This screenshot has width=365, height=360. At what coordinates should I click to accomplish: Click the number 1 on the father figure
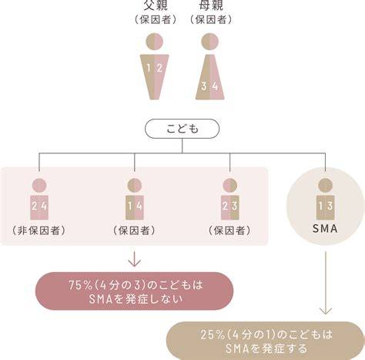149,68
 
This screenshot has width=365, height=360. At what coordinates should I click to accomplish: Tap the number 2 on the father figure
159,68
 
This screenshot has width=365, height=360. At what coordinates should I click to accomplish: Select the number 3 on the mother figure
204,86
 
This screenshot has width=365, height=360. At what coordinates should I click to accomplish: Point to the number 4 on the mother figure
215,86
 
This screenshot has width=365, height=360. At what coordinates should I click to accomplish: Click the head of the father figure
154,42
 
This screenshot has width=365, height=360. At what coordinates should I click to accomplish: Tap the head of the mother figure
210,42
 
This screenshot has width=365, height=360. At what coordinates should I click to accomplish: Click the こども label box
182,129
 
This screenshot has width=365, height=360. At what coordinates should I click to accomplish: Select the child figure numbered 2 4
39,200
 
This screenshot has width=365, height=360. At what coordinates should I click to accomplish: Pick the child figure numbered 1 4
135,200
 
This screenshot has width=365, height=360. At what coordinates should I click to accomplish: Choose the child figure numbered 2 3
230,200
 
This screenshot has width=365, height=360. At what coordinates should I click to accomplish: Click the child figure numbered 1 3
325,200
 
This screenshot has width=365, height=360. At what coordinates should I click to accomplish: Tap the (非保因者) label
39,230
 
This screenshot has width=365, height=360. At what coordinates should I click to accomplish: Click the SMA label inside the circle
325,229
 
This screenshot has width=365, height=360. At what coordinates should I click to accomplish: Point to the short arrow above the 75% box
135,259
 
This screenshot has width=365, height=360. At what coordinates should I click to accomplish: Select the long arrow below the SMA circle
326,283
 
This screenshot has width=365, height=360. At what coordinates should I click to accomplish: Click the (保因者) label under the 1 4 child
134,230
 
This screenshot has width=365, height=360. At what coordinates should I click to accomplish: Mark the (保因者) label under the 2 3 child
229,230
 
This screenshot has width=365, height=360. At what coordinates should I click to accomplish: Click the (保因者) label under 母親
211,19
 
